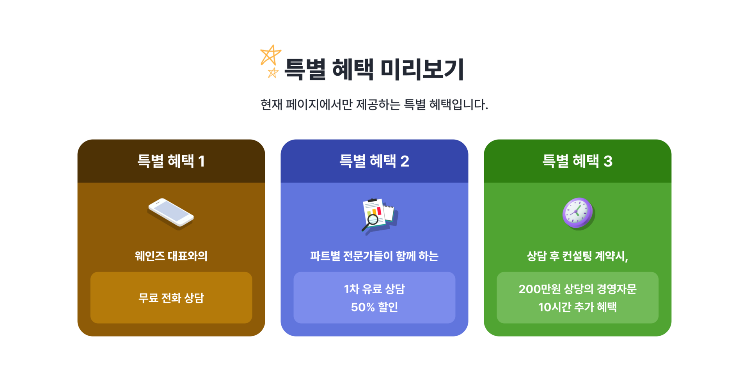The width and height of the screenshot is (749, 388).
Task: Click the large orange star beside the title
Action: click(270, 55)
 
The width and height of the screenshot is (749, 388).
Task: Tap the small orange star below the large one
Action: click(273, 73)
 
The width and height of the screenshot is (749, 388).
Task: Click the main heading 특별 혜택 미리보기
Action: click(374, 69)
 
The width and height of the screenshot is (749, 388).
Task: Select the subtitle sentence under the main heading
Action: click(374, 105)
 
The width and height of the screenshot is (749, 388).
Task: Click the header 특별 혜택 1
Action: click(171, 161)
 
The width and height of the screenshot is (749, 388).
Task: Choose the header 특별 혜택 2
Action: click(374, 161)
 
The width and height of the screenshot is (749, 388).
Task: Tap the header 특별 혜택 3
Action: click(577, 161)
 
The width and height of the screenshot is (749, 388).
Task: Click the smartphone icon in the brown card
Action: click(170, 214)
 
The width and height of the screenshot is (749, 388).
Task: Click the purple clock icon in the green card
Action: click(578, 213)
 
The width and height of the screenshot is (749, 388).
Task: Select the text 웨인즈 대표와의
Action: click(171, 256)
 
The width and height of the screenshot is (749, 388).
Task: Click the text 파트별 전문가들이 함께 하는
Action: click(374, 256)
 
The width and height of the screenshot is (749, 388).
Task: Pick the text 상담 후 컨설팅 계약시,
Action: click(577, 256)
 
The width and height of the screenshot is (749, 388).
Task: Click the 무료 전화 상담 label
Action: click(171, 298)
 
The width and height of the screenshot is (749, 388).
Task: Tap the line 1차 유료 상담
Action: click(374, 289)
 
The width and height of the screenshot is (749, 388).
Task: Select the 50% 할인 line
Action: click(374, 307)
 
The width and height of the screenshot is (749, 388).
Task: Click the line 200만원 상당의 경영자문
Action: click(577, 289)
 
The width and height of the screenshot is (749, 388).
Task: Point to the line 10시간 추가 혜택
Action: click(577, 307)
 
